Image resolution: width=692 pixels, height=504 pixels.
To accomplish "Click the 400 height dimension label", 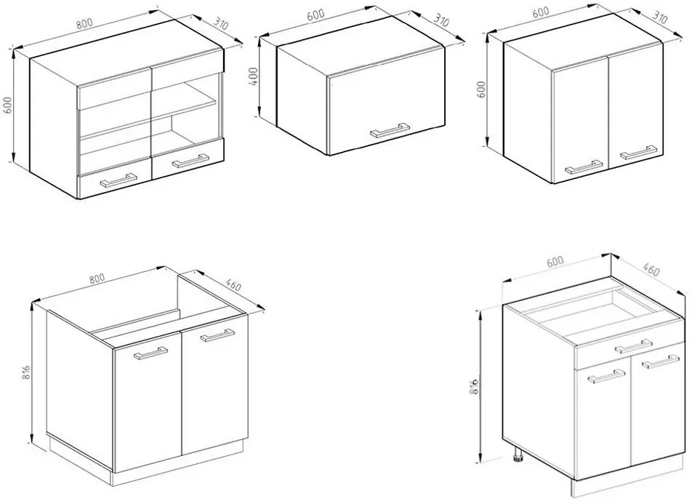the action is [x=253, y=77].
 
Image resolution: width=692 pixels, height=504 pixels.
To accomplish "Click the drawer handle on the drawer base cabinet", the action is [x=634, y=346].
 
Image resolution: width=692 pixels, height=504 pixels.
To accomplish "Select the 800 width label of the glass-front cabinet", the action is [x=86, y=24].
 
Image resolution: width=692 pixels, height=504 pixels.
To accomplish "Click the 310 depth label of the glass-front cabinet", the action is [x=221, y=23].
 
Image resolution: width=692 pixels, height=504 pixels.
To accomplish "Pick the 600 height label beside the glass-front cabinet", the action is [x=8, y=105].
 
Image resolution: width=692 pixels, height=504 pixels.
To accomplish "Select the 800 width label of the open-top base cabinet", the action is [x=97, y=279].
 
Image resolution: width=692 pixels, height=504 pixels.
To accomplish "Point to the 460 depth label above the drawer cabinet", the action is [x=651, y=268].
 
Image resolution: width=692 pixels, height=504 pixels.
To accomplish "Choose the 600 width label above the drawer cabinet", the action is [x=555, y=262].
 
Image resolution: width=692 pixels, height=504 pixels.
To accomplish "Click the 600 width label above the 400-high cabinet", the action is [x=316, y=15].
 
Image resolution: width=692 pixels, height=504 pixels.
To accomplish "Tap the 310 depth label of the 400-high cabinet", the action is [x=441, y=20].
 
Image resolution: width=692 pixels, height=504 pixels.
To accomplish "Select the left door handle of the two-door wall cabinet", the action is [x=584, y=167].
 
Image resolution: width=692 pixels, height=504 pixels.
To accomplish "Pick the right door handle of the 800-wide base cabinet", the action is [x=217, y=335].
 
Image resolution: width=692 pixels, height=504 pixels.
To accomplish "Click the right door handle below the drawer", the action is [x=661, y=361].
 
